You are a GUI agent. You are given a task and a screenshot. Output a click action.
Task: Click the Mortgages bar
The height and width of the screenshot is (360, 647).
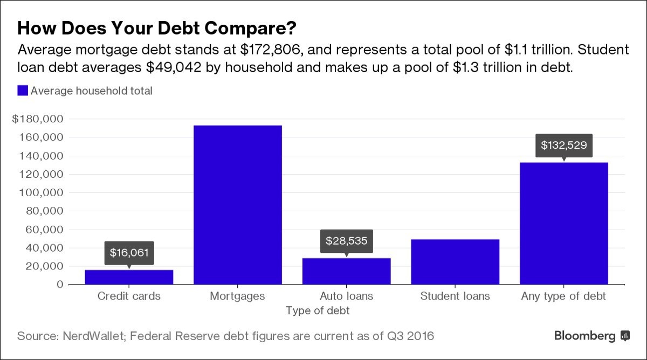(238, 205)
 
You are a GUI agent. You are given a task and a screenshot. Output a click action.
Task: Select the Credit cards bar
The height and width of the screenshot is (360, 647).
(129, 277)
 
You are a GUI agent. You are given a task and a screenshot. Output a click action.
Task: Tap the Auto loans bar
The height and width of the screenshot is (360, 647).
(346, 271)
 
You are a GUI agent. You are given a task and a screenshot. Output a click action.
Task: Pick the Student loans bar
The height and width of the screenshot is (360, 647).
(455, 262)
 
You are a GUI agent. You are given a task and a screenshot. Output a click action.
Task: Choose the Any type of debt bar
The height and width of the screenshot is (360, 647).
(563, 223)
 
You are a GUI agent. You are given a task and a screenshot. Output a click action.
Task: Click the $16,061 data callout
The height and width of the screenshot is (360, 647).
(129, 252)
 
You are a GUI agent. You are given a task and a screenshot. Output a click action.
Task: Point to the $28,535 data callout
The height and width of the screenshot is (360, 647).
(346, 240)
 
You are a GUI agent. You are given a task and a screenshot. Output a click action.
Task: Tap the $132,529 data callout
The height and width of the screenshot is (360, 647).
(563, 145)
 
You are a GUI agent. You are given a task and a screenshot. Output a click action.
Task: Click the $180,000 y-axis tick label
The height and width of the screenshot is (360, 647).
(38, 119)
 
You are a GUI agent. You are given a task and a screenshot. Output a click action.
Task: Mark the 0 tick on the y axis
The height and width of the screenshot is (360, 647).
(60, 285)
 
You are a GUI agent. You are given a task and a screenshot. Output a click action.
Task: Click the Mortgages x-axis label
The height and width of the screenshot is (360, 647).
(238, 296)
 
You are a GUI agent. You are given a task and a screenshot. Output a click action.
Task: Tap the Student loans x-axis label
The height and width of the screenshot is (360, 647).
(455, 296)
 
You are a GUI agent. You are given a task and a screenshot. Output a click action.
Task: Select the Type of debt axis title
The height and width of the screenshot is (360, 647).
(318, 310)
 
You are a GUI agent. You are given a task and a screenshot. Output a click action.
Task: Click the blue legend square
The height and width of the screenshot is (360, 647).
(23, 91)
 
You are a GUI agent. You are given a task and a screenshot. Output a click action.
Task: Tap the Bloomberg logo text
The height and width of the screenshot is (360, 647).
(584, 336)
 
